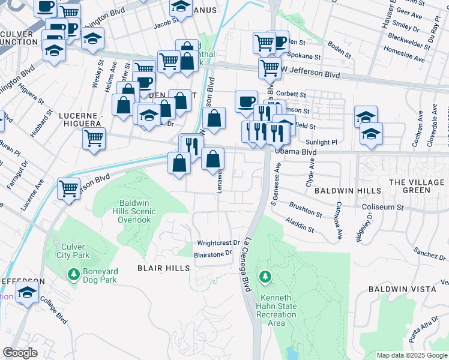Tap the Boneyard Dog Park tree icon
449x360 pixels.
[73, 275]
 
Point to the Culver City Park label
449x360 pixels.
[74, 251]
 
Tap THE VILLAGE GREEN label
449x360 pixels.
[418, 186]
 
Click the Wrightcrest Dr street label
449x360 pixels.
[218, 243]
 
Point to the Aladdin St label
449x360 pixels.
[301, 225]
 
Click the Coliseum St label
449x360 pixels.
[383, 207]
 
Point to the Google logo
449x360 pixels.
[20, 353]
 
